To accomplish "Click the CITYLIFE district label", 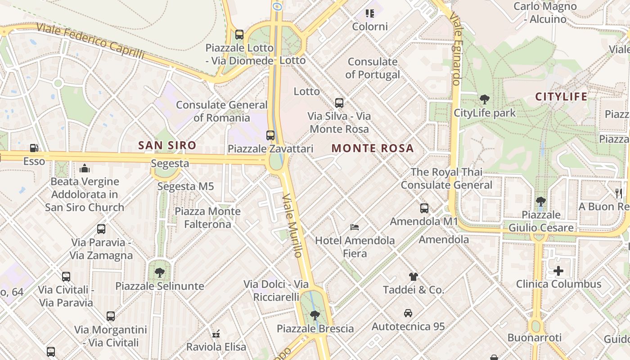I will click(x=561, y=97).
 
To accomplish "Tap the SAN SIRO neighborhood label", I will click(x=167, y=145).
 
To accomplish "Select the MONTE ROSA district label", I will click(x=372, y=148).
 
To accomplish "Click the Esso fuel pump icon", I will click(x=34, y=148).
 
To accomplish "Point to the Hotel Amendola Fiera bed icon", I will click(x=355, y=227).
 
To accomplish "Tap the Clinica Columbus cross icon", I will click(x=558, y=271).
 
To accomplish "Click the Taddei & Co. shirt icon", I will click(x=414, y=276).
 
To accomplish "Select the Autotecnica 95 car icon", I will click(x=408, y=313).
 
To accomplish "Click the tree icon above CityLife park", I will click(x=485, y=99).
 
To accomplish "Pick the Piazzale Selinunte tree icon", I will click(x=159, y=273).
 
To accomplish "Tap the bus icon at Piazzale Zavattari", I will click(x=270, y=135).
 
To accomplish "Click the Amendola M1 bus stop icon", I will click(x=424, y=208).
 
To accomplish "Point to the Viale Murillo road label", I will click(x=292, y=225).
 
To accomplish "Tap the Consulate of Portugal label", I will click(x=373, y=68).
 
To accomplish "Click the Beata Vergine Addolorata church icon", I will click(x=85, y=169).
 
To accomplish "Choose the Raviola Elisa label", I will click(x=216, y=347).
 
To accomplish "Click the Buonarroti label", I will click(x=535, y=337).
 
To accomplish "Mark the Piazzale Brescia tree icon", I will click(x=315, y=315).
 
